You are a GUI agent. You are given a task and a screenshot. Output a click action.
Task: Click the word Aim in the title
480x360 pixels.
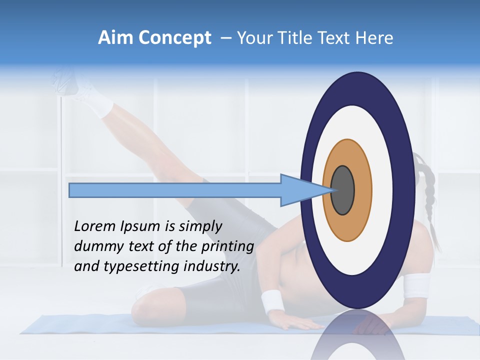point(115,38)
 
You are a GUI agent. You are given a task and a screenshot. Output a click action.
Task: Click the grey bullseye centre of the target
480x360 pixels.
point(342,190)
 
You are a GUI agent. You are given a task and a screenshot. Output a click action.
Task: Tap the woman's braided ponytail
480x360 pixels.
point(429,200)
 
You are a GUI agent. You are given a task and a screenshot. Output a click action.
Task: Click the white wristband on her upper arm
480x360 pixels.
point(416,285)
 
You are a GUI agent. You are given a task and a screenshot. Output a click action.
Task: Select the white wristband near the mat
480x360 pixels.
point(272,301)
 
